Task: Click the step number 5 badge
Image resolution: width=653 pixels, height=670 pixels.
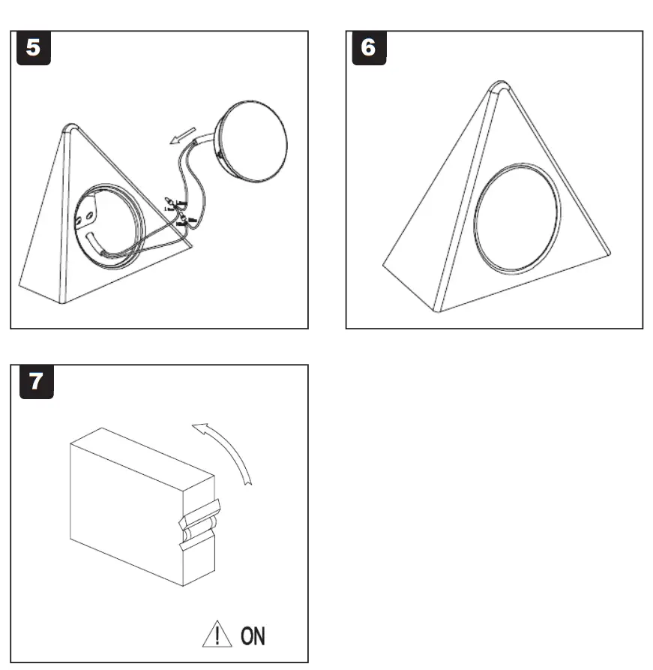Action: tap(34, 48)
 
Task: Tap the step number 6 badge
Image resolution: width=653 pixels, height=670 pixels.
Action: tap(368, 48)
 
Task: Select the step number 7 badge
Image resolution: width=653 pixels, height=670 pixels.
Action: tap(34, 382)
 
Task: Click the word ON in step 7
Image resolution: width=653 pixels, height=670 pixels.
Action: tap(253, 636)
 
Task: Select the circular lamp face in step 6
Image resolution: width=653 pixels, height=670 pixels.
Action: tap(517, 218)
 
